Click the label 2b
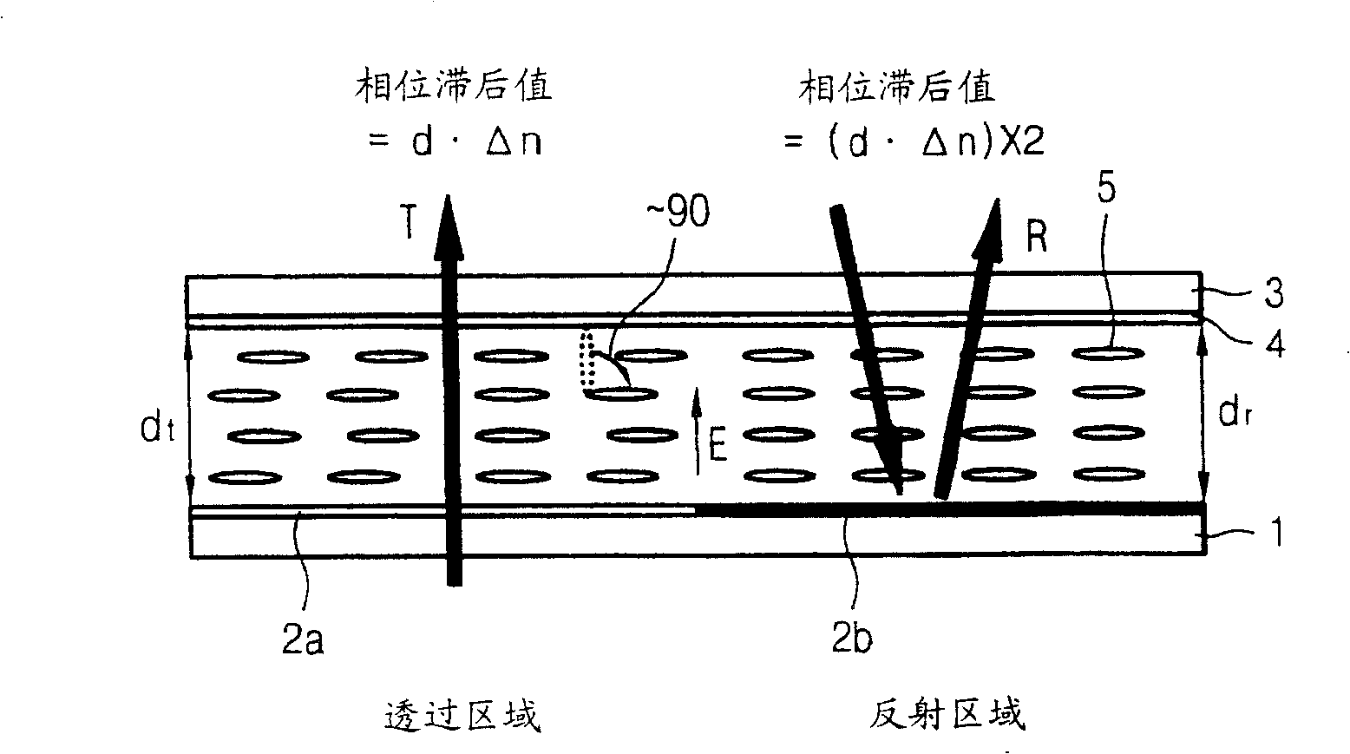tap(853, 639)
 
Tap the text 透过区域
tap(462, 716)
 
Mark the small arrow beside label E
tap(696, 431)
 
